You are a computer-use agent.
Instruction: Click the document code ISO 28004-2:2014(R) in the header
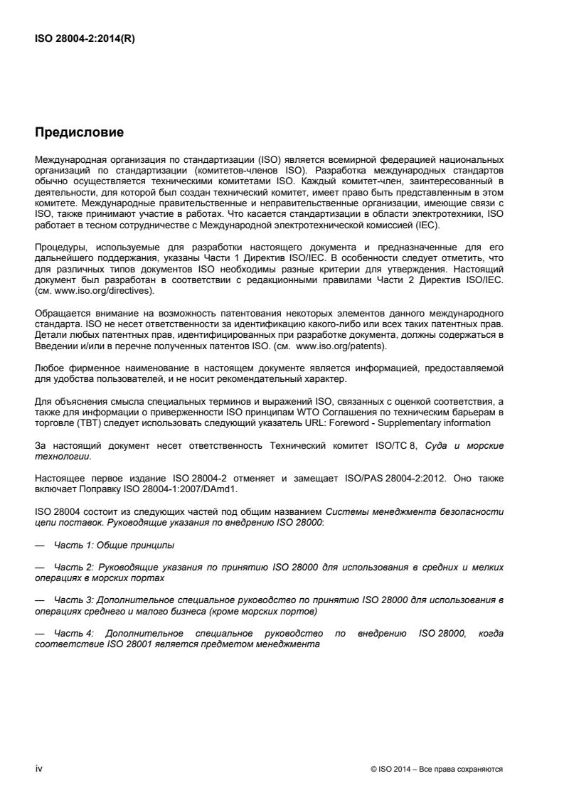click(85, 39)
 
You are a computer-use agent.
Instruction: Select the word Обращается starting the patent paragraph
click(60, 313)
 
